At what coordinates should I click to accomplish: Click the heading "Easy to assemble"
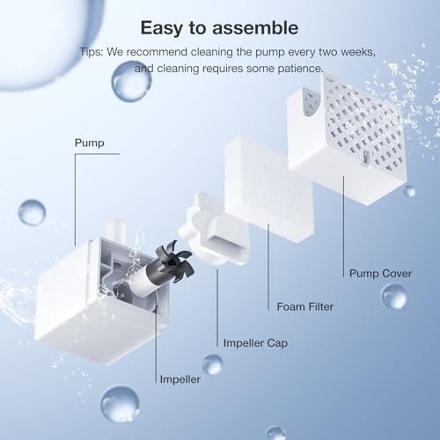point(219,28)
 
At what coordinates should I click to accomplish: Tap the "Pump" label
point(90,143)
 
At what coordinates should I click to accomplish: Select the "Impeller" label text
point(180,379)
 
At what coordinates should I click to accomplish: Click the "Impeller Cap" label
point(255,343)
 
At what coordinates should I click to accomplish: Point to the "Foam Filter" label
point(305,306)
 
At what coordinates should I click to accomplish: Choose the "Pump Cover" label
point(380,274)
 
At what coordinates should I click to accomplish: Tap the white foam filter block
point(268,187)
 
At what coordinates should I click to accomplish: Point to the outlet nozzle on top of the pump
point(117,230)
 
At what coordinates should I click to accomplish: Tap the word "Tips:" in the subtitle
point(92,52)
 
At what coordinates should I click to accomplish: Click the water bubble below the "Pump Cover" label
point(393,297)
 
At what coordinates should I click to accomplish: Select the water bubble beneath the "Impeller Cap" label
point(213,364)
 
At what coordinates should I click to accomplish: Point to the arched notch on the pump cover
point(312,103)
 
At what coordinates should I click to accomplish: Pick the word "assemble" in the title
point(255,28)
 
